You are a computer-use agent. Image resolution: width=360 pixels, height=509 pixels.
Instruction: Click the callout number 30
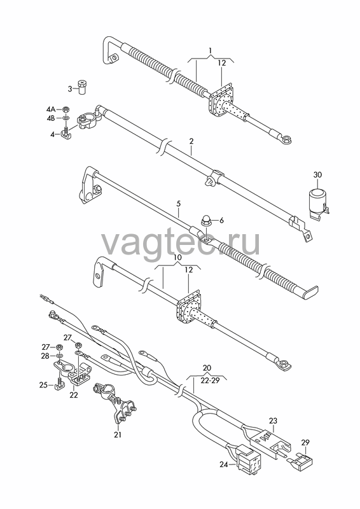click(317, 174)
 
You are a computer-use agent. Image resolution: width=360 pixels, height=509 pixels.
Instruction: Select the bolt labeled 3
click(84, 87)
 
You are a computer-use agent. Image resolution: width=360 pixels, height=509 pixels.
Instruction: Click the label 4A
click(52, 109)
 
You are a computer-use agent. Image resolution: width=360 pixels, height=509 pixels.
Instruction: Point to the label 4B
click(51, 118)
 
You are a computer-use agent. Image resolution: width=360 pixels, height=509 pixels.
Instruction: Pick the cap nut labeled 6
click(206, 220)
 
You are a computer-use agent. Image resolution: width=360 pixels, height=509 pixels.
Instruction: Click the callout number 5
click(179, 204)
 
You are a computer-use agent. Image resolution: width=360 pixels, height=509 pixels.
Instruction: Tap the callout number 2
click(191, 141)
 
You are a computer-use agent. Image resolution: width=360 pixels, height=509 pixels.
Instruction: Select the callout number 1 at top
click(211, 50)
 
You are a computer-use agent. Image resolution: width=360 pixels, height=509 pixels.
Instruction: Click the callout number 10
click(177, 258)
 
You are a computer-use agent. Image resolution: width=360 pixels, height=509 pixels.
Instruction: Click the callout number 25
click(43, 385)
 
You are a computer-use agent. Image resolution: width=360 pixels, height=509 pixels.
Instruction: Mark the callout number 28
click(45, 356)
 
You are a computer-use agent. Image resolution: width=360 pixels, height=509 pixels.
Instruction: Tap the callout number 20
click(207, 368)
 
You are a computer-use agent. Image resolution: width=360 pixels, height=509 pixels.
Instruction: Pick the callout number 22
click(74, 395)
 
